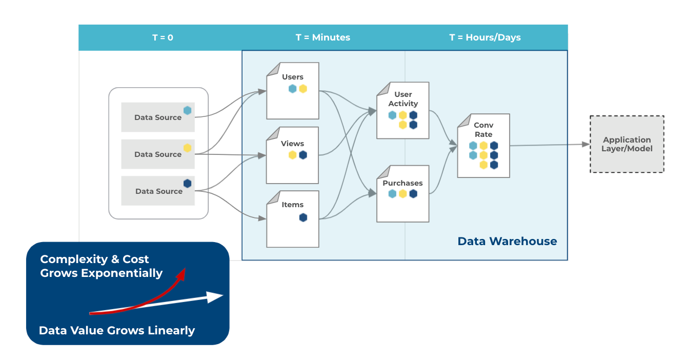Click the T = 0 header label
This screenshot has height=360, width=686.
[163, 37]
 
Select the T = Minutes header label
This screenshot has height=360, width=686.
[323, 37]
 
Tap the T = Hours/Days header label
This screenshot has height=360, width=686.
[485, 37]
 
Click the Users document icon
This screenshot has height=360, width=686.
[293, 91]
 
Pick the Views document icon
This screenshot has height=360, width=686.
[293, 155]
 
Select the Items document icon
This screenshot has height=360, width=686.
[293, 219]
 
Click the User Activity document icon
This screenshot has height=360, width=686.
[403, 110]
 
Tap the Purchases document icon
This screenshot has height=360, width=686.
[403, 193]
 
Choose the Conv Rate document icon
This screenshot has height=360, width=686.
[483, 146]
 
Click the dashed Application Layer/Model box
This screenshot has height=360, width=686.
[627, 144]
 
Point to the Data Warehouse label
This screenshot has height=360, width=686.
[507, 241]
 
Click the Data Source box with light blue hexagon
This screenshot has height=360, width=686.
[158, 117]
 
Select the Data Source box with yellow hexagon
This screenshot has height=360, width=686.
[158, 154]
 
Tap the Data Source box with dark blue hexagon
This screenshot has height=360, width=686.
[158, 191]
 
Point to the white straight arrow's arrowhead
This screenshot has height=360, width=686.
[216, 297]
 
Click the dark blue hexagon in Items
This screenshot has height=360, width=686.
[303, 217]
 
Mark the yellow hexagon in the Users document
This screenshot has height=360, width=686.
[303, 89]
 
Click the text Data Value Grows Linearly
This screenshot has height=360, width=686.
[117, 330]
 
